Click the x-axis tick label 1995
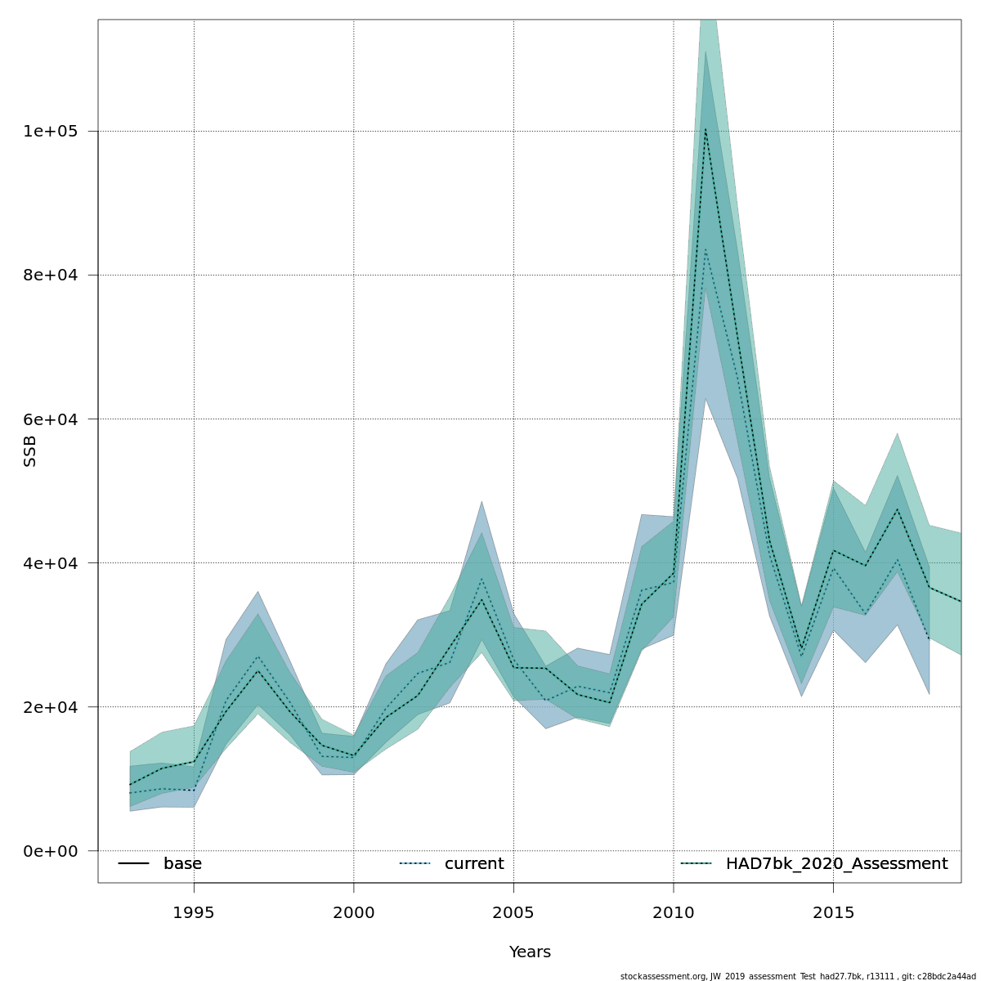pyautogui.click(x=194, y=912)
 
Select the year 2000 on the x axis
pyautogui.click(x=354, y=912)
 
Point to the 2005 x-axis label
pyautogui.click(x=513, y=912)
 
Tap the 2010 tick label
pyautogui.click(x=674, y=912)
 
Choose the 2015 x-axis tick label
pyautogui.click(x=833, y=912)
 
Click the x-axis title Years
pyautogui.click(x=530, y=952)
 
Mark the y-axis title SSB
pyautogui.click(x=30, y=451)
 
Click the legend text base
pyautogui.click(x=182, y=864)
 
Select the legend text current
pyautogui.click(x=474, y=864)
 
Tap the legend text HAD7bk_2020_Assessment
pyautogui.click(x=836, y=864)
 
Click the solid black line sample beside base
pyautogui.click(x=133, y=864)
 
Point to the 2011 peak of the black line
pyautogui.click(x=705, y=128)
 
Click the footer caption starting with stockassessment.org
pyautogui.click(x=798, y=976)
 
